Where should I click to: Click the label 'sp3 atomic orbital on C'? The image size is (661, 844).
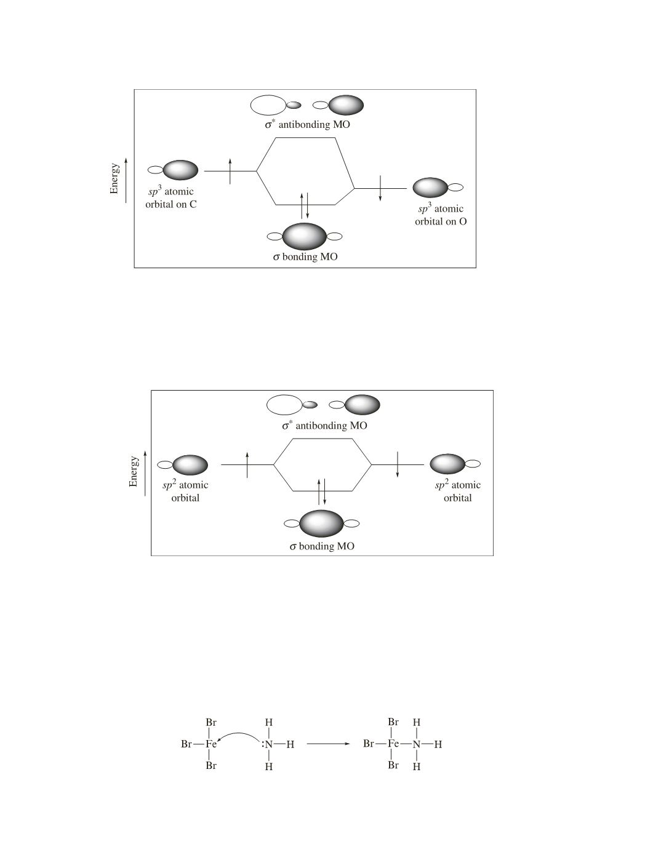tap(171, 197)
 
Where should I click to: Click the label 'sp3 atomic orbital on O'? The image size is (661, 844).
tap(440, 215)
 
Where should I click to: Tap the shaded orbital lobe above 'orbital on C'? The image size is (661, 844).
tap(180, 170)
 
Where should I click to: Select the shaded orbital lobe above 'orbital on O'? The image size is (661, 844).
tap(430, 187)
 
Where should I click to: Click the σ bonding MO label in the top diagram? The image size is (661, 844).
tap(305, 257)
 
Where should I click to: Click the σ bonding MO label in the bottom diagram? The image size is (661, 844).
tap(322, 546)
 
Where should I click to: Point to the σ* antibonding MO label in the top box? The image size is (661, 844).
tap(307, 124)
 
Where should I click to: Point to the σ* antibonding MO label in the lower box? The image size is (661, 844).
tap(324, 425)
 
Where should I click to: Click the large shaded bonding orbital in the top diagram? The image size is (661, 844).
tap(305, 236)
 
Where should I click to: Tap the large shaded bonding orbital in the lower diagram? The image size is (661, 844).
tap(321, 524)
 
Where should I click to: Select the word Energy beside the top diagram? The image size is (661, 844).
tap(114, 178)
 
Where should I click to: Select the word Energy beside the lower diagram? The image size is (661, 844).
tap(133, 472)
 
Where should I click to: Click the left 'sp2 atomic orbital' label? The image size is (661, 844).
tap(185, 491)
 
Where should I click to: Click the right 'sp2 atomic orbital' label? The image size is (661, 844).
tap(457, 491)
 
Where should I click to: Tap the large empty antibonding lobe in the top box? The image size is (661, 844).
tap(268, 105)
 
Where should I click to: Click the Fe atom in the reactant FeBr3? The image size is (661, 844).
tap(211, 744)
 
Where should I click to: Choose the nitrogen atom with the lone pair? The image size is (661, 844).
tap(268, 744)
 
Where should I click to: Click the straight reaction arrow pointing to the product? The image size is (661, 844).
tap(328, 744)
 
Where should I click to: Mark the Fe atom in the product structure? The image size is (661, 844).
tap(393, 744)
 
